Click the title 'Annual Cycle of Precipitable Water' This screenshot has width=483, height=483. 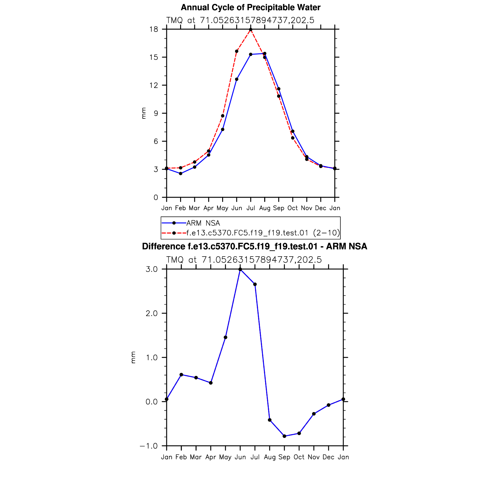[250, 7]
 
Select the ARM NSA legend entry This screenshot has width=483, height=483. [203, 223]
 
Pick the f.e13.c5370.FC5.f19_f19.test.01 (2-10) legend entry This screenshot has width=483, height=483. [263, 233]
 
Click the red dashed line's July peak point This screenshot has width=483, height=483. [251, 29]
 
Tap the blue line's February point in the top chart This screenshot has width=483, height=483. [180, 174]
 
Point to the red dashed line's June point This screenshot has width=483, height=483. [237, 51]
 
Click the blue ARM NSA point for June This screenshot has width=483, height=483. [237, 79]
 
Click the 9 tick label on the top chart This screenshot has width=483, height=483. [156, 113]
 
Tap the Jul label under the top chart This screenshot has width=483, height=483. [251, 208]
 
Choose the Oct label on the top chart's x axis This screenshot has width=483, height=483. [292, 208]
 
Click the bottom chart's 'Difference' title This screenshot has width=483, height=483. [254, 246]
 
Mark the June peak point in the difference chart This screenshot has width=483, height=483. [240, 269]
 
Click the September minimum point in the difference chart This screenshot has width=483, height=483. [284, 436]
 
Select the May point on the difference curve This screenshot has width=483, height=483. [226, 338]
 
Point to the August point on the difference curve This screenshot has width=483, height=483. [270, 420]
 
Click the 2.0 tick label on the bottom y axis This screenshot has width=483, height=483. [151, 313]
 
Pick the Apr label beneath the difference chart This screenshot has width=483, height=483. [211, 457]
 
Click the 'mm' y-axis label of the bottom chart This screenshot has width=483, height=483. [133, 357]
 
